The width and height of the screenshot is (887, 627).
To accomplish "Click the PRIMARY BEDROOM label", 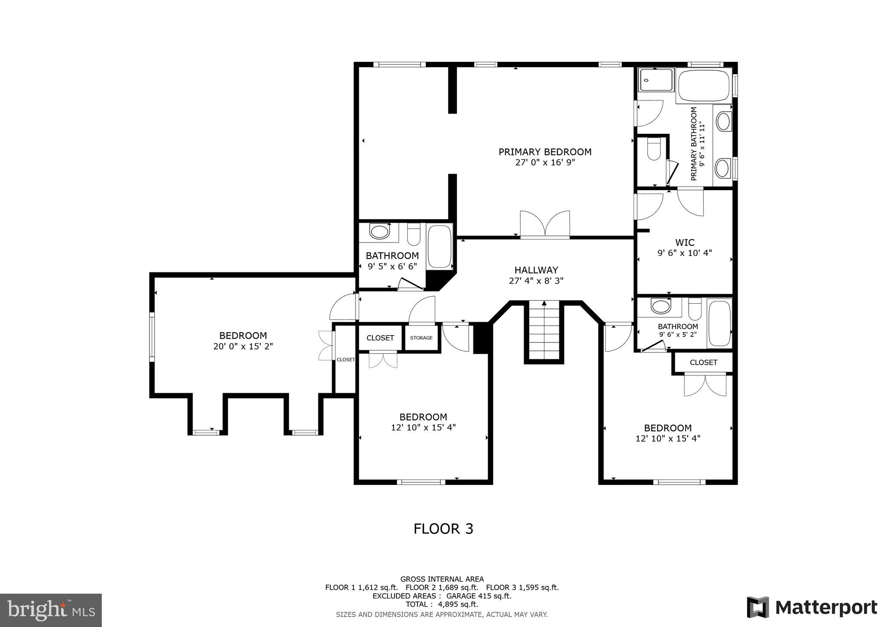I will (544, 152).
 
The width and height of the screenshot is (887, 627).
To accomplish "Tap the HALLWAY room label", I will (536, 270).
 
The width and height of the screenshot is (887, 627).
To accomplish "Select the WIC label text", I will (684, 242).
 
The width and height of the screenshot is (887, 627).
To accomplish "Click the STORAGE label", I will (421, 338).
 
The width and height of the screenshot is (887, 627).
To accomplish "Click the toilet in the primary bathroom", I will (653, 149).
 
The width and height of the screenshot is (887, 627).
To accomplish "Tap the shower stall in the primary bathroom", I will (657, 80).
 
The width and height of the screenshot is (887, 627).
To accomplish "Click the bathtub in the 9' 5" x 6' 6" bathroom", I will (440, 246).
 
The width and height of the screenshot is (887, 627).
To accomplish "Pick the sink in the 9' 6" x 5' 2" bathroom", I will (660, 307).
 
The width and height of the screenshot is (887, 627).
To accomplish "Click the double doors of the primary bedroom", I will (545, 224).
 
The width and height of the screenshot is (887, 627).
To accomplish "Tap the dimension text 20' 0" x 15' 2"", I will (243, 346).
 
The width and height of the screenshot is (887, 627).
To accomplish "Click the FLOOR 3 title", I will (443, 529).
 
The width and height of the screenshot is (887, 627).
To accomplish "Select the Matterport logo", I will (812, 608).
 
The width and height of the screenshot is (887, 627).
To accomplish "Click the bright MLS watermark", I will (51, 610).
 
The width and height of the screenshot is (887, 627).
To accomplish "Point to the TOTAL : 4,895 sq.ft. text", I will (442, 604).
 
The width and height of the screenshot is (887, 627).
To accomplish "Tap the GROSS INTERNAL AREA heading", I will (442, 579).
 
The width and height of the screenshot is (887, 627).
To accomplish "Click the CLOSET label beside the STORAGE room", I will (380, 338).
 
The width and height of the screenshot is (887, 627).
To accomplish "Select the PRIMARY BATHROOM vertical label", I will (694, 144).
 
